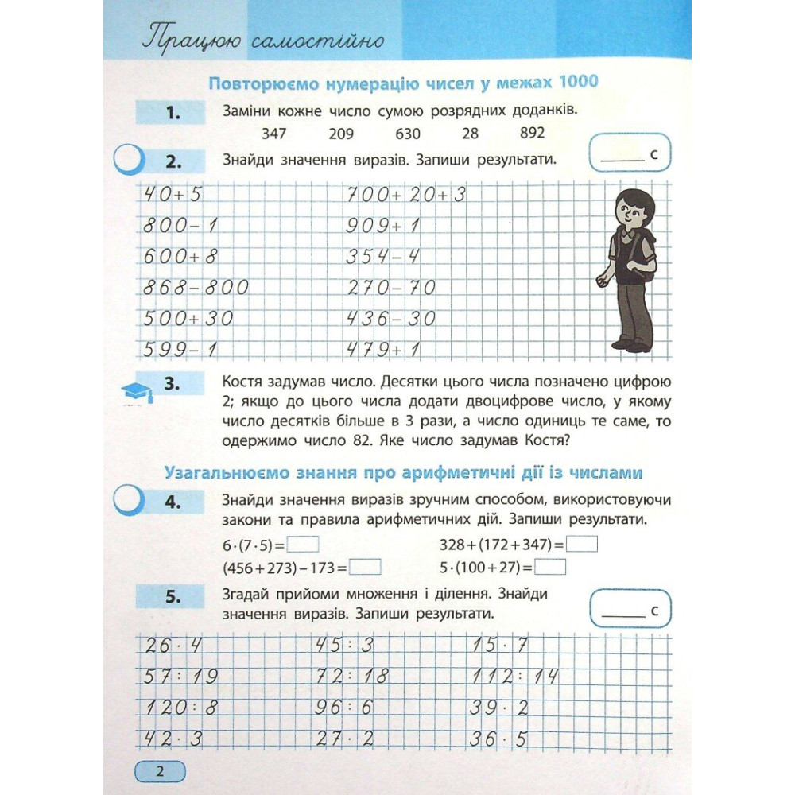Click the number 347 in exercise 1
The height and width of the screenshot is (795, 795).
tap(273, 134)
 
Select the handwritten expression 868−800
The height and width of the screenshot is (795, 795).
tap(196, 287)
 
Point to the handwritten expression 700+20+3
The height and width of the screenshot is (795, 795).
tap(405, 195)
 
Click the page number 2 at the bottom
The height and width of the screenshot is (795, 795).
tap(159, 771)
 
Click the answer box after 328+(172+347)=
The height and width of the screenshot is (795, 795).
tap(584, 545)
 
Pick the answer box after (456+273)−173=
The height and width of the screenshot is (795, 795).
tap(366, 568)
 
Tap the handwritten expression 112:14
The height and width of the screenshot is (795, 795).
tap(513, 677)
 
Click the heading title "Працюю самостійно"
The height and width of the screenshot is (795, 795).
tap(262, 41)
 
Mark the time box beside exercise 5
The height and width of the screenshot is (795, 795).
tap(631, 611)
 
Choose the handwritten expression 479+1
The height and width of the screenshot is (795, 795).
tap(383, 349)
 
